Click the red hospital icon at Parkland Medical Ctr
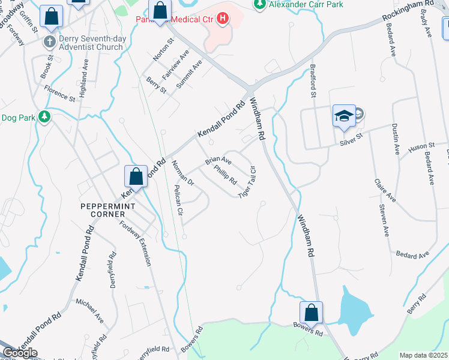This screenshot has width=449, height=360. click(x=223, y=19)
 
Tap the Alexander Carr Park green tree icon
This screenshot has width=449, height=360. click(x=259, y=5)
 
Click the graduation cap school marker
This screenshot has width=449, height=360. click(x=344, y=116)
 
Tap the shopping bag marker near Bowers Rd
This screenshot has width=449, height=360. click(x=311, y=313)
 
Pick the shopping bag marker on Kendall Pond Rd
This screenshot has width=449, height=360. click(x=136, y=177)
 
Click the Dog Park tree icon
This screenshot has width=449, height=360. click(x=44, y=116)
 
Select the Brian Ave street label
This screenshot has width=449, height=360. click(x=218, y=161)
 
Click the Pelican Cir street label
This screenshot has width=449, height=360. click(x=178, y=202)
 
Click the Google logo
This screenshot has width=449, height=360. click(x=20, y=353)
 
